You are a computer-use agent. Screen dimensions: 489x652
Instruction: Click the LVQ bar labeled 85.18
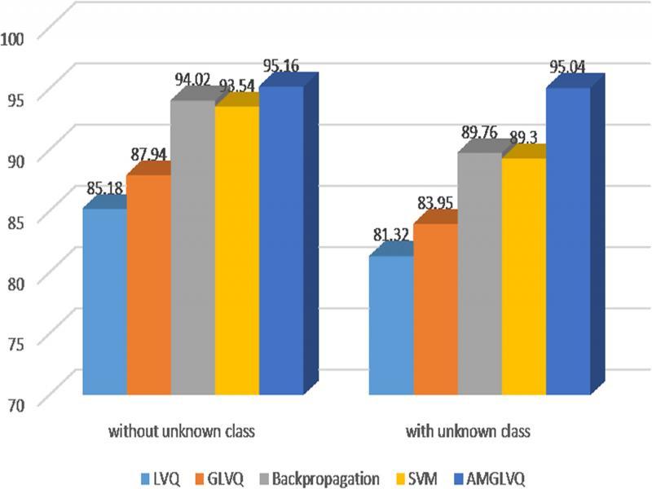[x=104, y=302]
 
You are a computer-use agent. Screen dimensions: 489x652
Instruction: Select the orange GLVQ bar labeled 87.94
[x=148, y=285]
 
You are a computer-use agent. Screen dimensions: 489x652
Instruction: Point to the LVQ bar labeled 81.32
[x=390, y=326]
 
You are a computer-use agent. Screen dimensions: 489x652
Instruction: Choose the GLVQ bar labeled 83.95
[x=435, y=310]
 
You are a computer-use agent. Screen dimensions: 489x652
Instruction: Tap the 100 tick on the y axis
[x=17, y=37]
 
